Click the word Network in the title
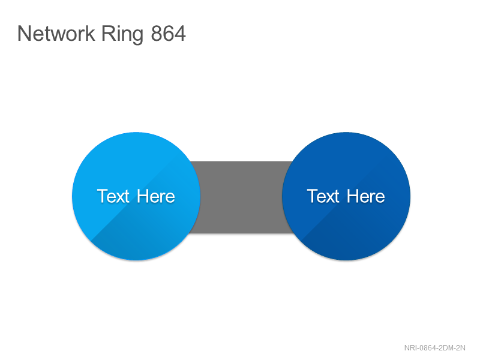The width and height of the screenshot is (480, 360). click(x=56, y=34)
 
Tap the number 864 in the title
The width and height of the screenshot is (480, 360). click(x=168, y=34)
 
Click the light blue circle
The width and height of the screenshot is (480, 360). click(x=136, y=196)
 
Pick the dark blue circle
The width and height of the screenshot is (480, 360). click(x=346, y=196)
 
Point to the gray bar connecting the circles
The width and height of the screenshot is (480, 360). click(x=241, y=197)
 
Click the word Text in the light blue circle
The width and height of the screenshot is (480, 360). click(x=113, y=196)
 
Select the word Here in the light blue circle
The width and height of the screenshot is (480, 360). click(x=156, y=196)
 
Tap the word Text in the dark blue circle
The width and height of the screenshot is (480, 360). click(x=323, y=196)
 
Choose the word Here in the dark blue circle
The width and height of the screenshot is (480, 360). click(x=366, y=196)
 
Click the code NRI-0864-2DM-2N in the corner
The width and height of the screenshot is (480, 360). click(x=434, y=348)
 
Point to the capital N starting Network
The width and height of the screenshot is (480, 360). click(x=23, y=34)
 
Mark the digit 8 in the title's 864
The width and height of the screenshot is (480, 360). click(x=156, y=34)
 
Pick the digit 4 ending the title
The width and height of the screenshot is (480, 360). click(x=181, y=34)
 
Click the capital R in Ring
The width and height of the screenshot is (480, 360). click(x=108, y=34)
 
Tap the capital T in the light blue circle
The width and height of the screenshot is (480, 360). click(x=103, y=196)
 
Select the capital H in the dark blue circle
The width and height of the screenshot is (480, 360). click(x=353, y=196)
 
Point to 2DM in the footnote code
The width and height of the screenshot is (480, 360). click(x=446, y=348)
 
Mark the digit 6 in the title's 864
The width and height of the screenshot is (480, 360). click(x=168, y=34)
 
